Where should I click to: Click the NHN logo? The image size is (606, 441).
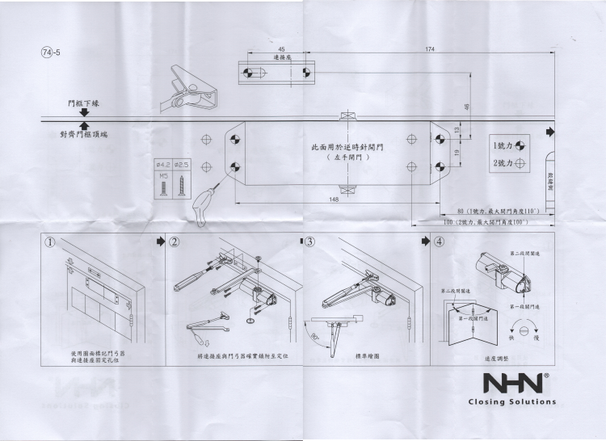[512, 382]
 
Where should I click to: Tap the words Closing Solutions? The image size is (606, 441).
[512, 401]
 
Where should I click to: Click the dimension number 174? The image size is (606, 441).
[429, 50]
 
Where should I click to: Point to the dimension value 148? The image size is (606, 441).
[334, 199]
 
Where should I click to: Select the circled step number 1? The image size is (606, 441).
[50, 241]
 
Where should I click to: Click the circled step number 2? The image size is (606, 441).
[175, 241]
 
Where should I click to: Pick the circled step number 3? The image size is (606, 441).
[310, 241]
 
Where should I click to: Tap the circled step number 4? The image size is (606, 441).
[439, 241]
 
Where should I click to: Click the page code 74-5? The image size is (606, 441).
[51, 52]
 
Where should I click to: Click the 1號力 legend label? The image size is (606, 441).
[502, 145]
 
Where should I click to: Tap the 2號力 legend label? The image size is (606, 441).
[502, 163]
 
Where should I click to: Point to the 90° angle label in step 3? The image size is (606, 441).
[313, 332]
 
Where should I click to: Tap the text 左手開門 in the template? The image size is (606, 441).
[348, 158]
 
